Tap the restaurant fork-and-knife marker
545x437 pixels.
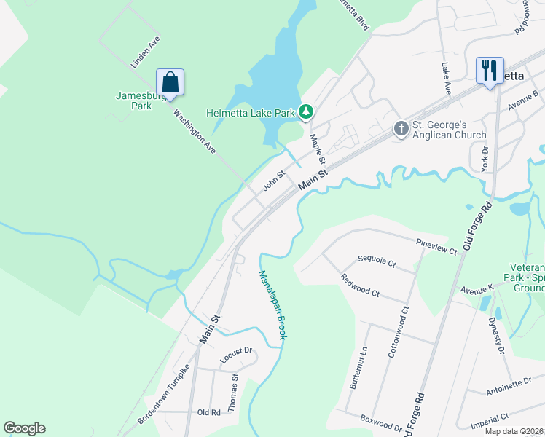489,71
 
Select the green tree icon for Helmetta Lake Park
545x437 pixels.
307,111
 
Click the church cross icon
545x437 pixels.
401,129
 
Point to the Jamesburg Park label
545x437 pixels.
134,101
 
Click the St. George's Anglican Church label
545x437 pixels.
450,130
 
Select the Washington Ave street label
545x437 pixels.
195,131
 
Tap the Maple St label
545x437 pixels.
318,149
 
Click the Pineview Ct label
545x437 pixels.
436,246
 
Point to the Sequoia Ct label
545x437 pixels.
377,261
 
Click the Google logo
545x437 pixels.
25,428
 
